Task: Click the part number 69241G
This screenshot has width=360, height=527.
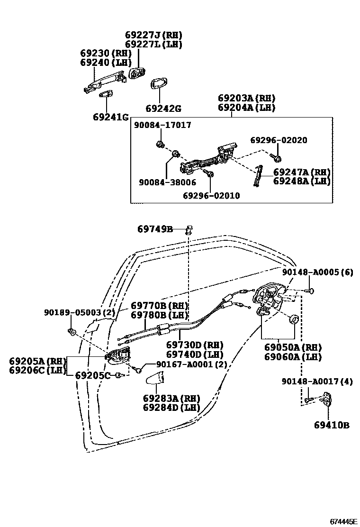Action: pos(111,117)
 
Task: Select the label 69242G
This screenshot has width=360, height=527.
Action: pos(163,109)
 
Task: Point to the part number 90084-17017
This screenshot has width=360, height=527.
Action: pos(162,125)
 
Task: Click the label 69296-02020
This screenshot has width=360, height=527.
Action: pos(279,140)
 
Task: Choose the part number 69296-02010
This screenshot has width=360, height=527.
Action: pos(211,196)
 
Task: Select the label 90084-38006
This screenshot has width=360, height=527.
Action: pos(167,182)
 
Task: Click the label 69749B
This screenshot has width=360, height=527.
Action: pos(155,229)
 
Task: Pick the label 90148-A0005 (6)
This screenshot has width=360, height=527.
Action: pos(317,272)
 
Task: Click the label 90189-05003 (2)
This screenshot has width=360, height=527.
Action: pos(80,312)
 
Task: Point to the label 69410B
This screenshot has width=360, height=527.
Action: pos(331,425)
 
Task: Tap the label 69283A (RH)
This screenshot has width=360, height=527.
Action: pos(171,398)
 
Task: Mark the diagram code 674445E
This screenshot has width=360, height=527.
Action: pos(343,521)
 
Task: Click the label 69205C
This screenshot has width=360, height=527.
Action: pos(93,375)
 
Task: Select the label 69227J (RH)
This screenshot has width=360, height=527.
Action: pos(153,35)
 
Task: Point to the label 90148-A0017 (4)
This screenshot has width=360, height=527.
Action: pos(317,382)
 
